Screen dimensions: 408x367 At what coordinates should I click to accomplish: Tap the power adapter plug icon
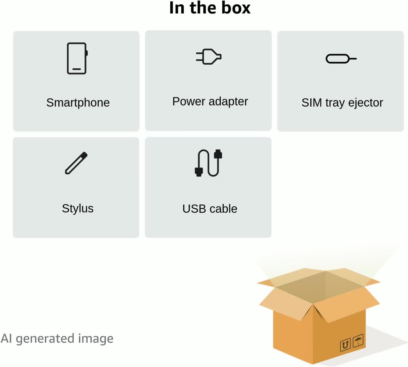[208, 56]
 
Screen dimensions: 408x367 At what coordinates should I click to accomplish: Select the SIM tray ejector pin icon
[341, 59]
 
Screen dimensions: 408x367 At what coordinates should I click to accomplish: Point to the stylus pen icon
[76, 163]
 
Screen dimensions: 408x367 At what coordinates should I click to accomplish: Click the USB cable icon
[208, 163]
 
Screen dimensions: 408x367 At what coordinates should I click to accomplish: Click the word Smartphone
[78, 103]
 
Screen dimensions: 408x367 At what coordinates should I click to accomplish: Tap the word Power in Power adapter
[189, 101]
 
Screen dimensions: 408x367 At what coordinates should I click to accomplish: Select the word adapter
[228, 102]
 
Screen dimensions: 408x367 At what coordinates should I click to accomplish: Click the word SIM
[312, 103]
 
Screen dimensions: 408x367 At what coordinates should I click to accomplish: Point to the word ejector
[366, 103]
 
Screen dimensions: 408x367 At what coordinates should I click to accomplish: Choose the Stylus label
[78, 209]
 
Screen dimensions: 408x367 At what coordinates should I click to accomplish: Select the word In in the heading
[177, 8]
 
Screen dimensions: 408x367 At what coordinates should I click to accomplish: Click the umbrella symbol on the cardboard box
[358, 340]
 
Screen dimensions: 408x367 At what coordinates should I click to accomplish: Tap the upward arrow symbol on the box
[345, 345]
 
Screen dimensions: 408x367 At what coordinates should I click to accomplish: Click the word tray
[335, 103]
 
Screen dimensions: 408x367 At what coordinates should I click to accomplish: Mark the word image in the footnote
[96, 339]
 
